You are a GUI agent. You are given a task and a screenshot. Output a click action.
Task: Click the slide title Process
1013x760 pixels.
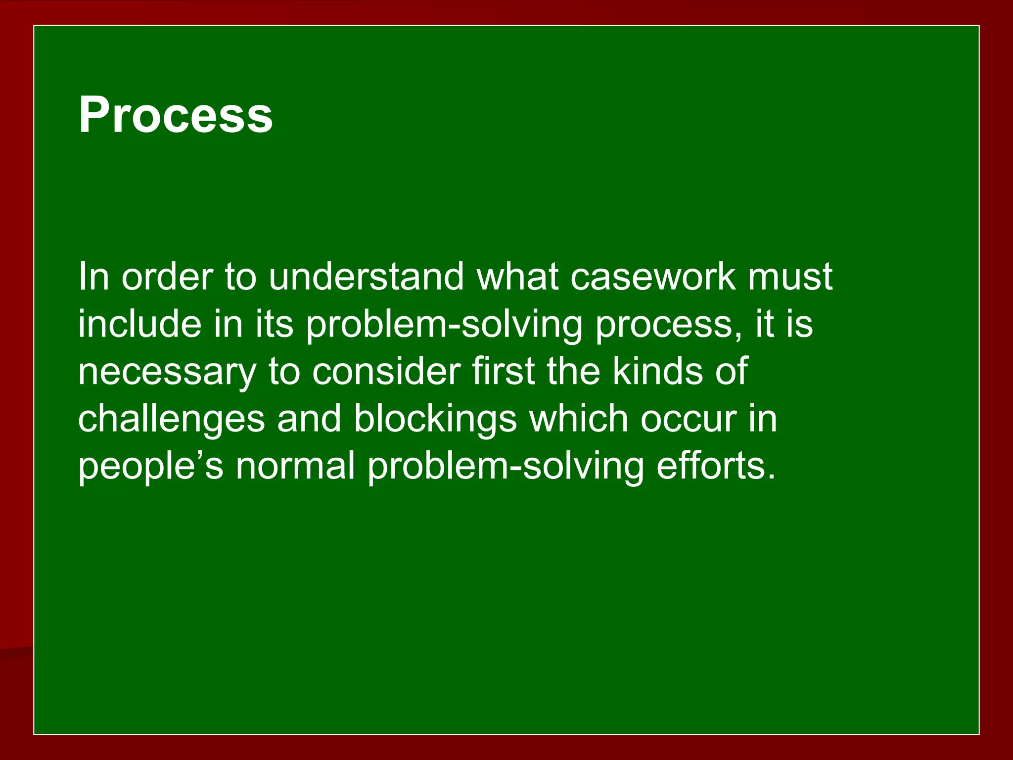(x=176, y=115)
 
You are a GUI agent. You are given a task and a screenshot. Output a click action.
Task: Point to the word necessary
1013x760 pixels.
(x=167, y=372)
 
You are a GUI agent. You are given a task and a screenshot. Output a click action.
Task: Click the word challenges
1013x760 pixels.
(x=171, y=419)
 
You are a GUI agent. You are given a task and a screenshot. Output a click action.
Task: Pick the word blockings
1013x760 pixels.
(x=435, y=419)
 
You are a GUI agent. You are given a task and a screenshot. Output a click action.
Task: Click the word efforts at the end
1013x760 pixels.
(x=715, y=466)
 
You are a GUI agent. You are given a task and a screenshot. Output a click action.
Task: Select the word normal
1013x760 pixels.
(x=295, y=466)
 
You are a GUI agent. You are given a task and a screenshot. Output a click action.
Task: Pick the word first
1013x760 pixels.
(x=503, y=371)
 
